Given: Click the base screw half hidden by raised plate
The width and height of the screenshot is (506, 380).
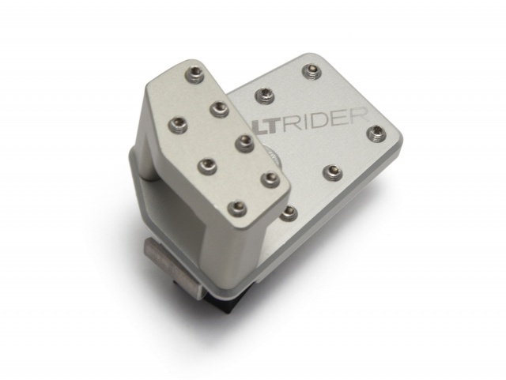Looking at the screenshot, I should coord(290,211).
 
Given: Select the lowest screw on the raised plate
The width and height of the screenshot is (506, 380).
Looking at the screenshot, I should coord(234,208).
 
